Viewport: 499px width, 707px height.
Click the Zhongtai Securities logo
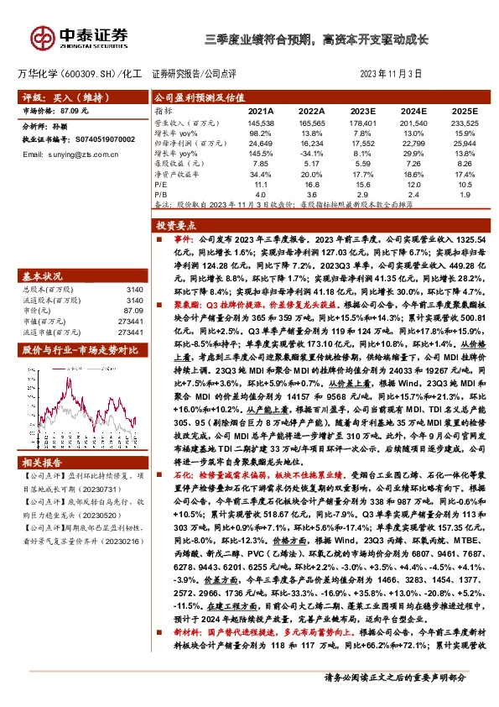81,37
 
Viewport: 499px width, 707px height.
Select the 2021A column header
262,111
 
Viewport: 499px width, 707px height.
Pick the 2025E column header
463,111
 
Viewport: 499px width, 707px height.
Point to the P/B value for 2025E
463,194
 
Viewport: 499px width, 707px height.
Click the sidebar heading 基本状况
42,253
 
